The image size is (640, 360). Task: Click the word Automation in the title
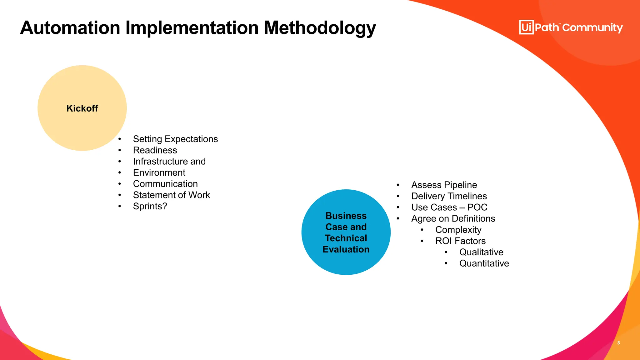click(70, 28)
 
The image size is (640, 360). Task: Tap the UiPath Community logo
click(571, 27)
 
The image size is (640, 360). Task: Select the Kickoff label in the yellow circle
click(82, 108)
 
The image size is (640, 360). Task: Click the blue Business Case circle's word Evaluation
click(346, 249)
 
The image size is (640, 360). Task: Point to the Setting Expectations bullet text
click(175, 139)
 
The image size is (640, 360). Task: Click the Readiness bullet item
click(155, 150)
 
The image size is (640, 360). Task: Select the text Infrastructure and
click(169, 162)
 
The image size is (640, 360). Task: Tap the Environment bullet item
click(159, 173)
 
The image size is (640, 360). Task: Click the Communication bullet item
click(165, 184)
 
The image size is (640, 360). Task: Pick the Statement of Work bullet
click(171, 195)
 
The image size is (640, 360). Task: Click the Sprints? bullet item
click(150, 206)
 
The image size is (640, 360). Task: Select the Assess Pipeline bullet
click(444, 185)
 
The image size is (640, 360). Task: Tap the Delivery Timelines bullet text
click(449, 196)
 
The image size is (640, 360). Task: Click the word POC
click(477, 207)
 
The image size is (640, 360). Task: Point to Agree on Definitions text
click(453, 219)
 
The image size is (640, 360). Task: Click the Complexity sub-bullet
click(458, 230)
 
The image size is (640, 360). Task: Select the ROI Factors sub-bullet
click(460, 241)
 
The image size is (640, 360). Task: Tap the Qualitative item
click(481, 252)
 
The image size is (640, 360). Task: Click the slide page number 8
click(618, 343)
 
